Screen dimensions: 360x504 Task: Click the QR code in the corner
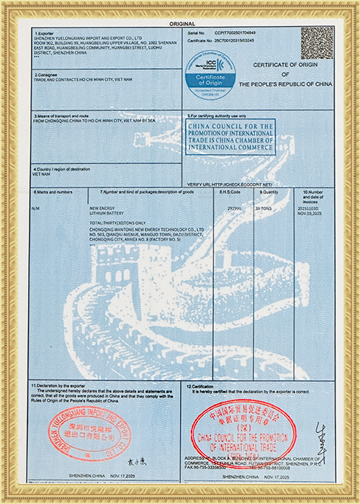tap(316, 42)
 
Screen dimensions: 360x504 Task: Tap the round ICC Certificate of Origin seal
tap(207, 73)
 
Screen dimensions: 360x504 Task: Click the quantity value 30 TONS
tap(266, 207)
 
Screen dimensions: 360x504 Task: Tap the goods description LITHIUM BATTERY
tap(106, 214)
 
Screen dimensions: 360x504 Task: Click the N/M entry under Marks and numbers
tap(37, 208)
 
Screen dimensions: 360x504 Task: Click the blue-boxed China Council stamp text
tap(230, 137)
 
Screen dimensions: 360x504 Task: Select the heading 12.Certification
tap(202, 387)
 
